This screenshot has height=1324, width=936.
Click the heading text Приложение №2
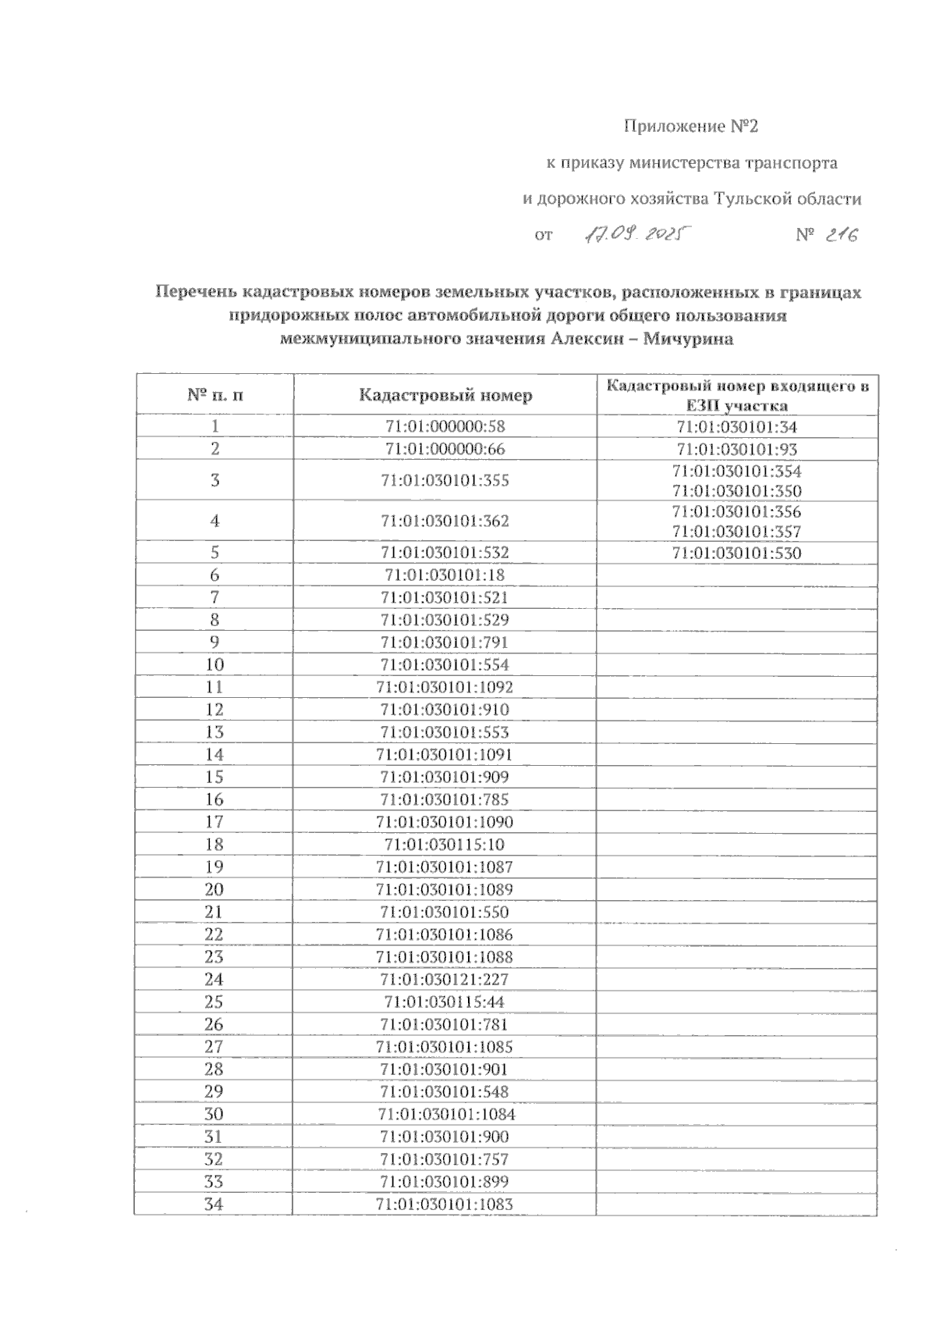[691, 126]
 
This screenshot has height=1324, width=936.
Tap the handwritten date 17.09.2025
[633, 233]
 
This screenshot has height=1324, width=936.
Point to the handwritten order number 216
[842, 234]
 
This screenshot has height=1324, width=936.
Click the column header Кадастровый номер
[445, 395]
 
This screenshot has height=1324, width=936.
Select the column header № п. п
[215, 395]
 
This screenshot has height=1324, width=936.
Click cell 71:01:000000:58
[445, 426]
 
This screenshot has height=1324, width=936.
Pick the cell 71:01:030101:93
[737, 450]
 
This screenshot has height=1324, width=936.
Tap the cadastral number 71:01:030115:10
[445, 845]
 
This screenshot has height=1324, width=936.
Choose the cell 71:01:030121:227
[445, 980]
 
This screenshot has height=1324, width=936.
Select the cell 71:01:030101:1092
[445, 688]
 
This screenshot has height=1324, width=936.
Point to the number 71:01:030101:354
[737, 472]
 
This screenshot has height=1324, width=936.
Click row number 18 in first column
[214, 845]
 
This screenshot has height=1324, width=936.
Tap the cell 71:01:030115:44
[445, 1002]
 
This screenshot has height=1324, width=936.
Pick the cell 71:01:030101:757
[445, 1159]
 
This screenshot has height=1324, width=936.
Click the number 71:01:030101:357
[737, 532]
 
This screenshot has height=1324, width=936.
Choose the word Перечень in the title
[195, 293]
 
